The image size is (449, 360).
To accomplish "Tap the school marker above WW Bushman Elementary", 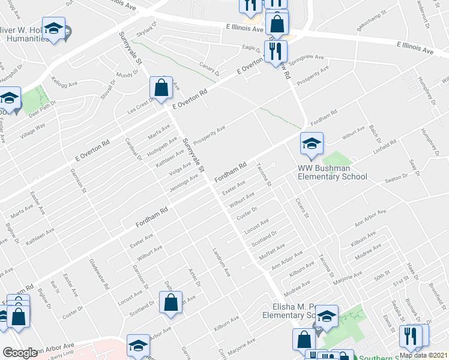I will (312, 144).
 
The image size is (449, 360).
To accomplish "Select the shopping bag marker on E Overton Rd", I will (162, 89).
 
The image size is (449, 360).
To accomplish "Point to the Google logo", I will (20, 353).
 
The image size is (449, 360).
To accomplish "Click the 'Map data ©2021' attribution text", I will (423, 355).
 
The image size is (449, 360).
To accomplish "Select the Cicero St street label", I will (302, 207).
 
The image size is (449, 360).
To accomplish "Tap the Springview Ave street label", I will (309, 61).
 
